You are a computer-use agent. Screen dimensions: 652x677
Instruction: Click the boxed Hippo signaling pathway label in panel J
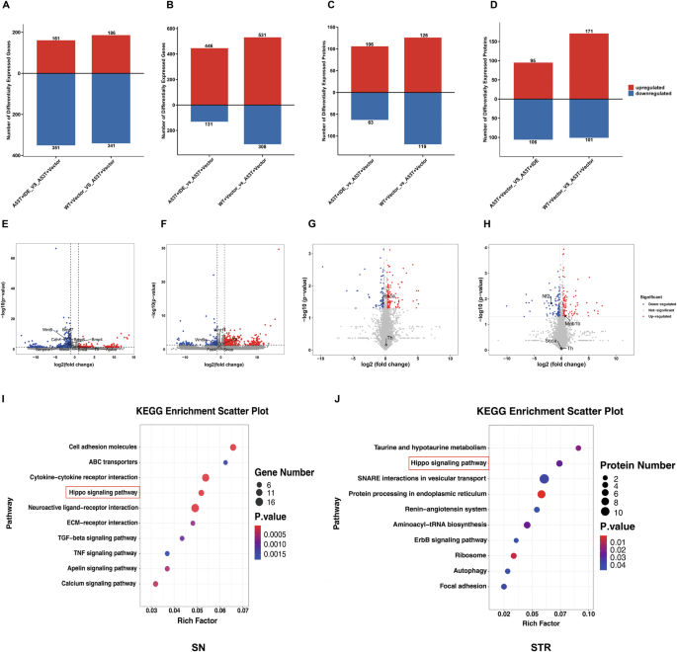pyautogui.click(x=448, y=461)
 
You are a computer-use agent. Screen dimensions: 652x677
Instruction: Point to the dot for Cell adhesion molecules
pyautogui.click(x=233, y=448)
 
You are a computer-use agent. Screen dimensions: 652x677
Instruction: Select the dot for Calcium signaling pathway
pyautogui.click(x=155, y=584)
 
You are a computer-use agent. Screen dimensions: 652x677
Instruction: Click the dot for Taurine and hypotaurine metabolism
pyautogui.click(x=579, y=448)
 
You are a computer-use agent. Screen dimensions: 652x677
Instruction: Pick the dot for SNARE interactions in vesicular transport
pyautogui.click(x=545, y=478)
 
